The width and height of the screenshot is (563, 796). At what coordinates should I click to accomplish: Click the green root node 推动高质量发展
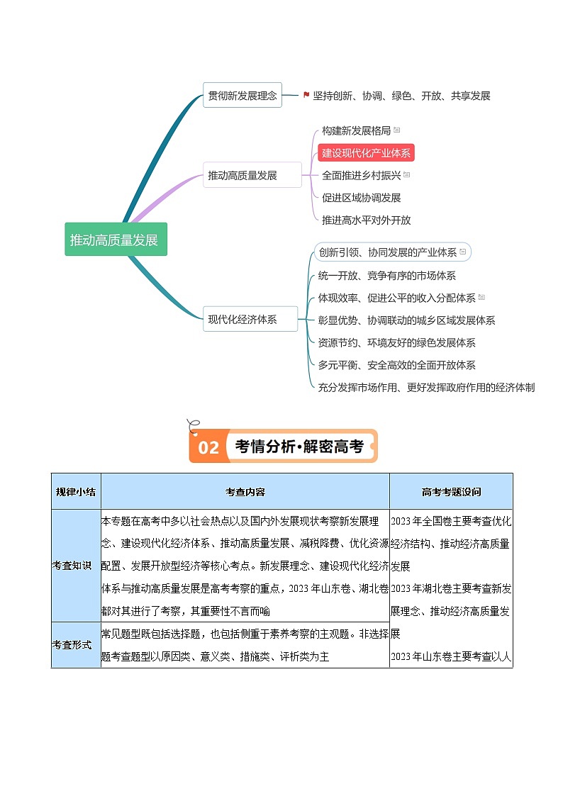[116, 240]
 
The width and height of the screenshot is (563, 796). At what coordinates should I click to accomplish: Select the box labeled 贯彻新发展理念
[242, 96]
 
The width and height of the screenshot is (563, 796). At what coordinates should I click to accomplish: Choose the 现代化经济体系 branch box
[242, 319]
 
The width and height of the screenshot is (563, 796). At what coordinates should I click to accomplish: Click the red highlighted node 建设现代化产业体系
[366, 152]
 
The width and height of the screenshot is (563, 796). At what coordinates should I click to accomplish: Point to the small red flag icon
[306, 95]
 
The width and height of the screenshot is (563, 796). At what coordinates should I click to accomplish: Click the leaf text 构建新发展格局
[356, 130]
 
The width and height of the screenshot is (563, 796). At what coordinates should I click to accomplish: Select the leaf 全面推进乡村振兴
[361, 175]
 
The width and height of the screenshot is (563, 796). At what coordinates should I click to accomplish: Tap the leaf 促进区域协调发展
[361, 198]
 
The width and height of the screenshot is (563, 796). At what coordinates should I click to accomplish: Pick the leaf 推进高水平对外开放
[366, 220]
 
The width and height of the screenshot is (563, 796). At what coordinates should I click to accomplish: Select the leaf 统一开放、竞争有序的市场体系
[386, 276]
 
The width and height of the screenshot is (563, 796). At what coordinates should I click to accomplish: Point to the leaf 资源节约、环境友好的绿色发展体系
[396, 343]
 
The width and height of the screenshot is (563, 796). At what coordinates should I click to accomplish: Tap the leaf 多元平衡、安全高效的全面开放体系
[396, 366]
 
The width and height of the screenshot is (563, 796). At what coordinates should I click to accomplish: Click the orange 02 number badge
[208, 447]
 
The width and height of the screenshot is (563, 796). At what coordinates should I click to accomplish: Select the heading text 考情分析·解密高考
[299, 447]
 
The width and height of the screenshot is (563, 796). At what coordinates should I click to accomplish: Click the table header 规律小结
[76, 491]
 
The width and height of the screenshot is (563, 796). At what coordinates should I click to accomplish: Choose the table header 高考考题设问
[451, 491]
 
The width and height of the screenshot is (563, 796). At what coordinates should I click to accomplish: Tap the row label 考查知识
[72, 565]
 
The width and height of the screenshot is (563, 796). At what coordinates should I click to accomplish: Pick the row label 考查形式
[72, 644]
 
